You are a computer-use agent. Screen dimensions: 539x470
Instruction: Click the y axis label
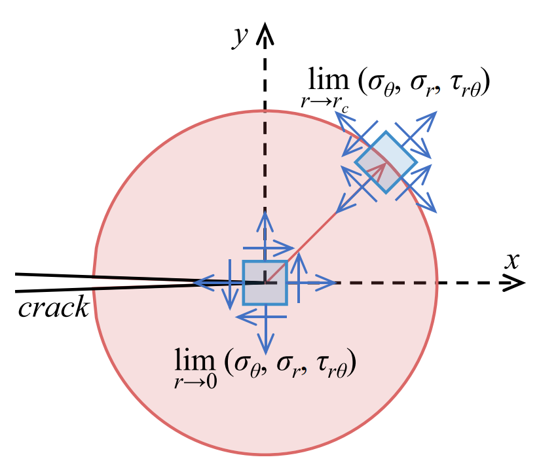pos(240,37)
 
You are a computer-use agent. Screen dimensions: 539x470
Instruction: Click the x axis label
pos(512,261)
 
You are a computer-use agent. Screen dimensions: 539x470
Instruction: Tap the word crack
pos(54,307)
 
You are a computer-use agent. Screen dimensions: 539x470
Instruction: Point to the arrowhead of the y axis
pos(265,33)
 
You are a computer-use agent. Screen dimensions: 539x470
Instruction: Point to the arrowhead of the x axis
pos(514,283)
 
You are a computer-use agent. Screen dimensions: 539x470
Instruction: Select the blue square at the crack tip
pos(265,283)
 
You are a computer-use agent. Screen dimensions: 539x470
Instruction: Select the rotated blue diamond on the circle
pos(386,162)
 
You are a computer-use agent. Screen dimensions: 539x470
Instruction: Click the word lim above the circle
pos(328,79)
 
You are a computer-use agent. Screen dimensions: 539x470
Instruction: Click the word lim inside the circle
pos(195,360)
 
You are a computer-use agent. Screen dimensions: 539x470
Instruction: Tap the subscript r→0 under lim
pos(196,382)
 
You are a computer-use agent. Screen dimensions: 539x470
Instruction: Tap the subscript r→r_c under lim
pos(325,103)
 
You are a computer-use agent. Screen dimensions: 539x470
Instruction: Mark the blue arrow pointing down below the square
pos(265,330)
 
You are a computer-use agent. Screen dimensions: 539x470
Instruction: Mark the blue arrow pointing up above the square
pos(265,236)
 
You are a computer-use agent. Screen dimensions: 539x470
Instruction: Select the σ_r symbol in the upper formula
pos(421,85)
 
